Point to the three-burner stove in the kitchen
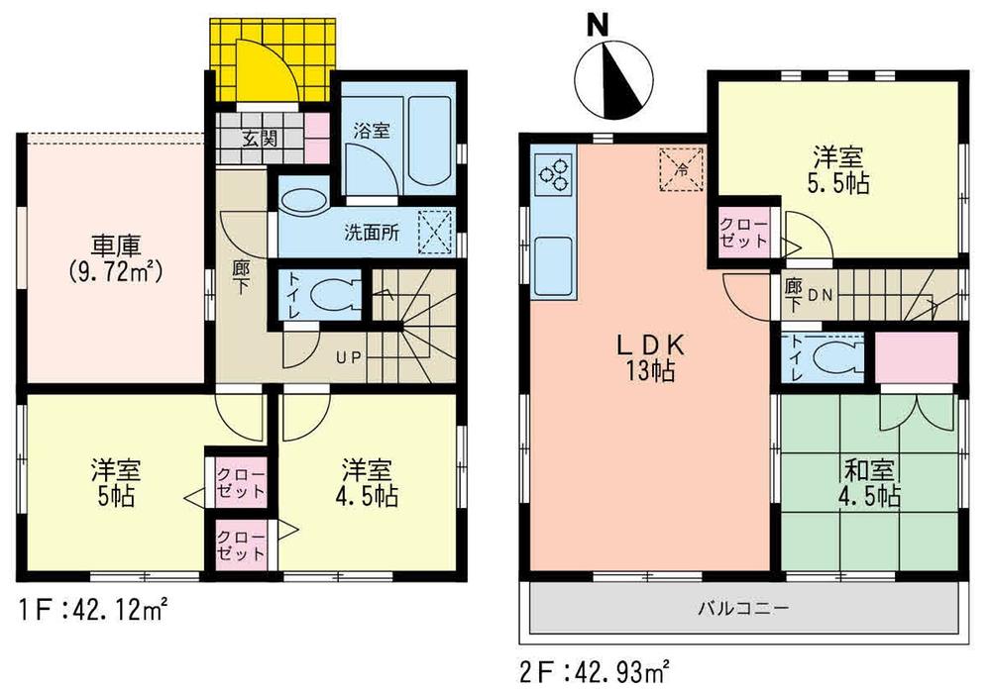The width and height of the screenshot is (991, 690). coord(553,174)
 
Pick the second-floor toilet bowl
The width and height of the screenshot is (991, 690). coord(833,358)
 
